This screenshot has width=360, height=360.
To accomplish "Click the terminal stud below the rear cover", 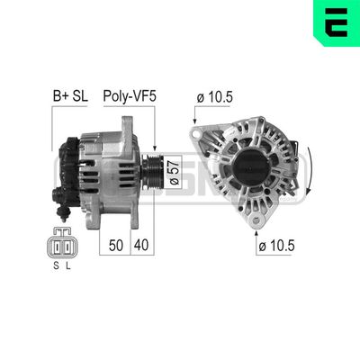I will click(x=63, y=214).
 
